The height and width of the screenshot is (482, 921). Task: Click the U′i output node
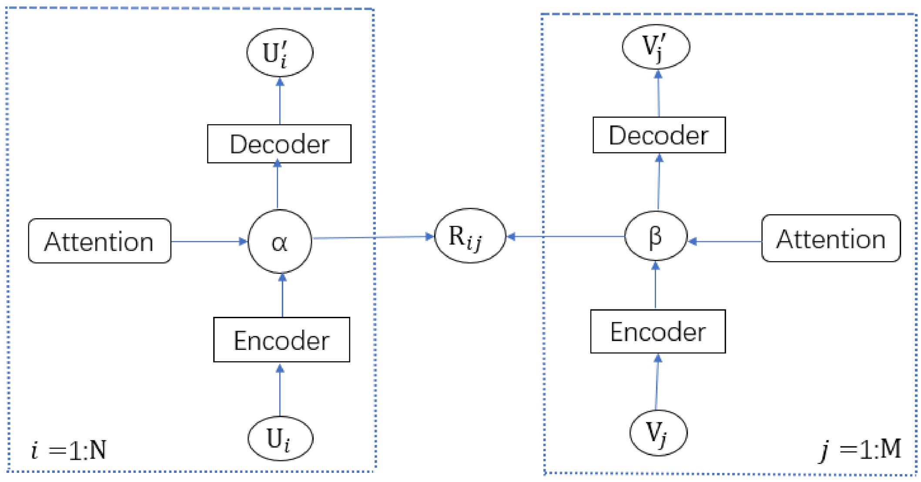click(x=280, y=53)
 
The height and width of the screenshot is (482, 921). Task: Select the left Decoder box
click(x=279, y=144)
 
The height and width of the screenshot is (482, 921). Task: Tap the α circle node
click(x=280, y=242)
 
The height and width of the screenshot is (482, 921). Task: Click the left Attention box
click(x=100, y=241)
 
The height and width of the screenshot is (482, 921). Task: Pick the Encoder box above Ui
click(x=281, y=340)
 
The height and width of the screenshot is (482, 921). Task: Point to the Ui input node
click(x=280, y=439)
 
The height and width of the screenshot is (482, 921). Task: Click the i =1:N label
click(x=69, y=450)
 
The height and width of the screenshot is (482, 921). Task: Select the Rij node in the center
click(x=470, y=236)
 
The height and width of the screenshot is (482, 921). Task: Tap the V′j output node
click(x=656, y=47)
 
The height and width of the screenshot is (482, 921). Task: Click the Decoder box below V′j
click(x=659, y=135)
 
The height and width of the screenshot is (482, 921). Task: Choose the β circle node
click(x=656, y=236)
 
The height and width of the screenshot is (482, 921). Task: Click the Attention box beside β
click(x=831, y=239)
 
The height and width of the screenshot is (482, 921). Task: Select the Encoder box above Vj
click(x=658, y=332)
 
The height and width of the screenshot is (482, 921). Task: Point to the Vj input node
click(x=658, y=433)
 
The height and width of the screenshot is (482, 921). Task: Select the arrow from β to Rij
click(x=566, y=236)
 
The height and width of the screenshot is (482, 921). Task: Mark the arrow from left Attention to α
click(x=209, y=241)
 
